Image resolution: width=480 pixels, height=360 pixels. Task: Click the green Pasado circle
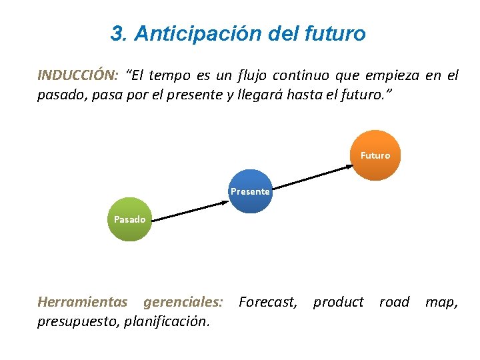pyautogui.click(x=129, y=219)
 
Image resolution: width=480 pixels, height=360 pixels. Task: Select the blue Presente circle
pyautogui.click(x=250, y=191)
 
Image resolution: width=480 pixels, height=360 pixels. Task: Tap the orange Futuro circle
pyautogui.click(x=375, y=155)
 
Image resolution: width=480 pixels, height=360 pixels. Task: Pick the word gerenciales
pyautogui.click(x=183, y=302)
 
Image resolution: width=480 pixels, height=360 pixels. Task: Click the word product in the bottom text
pyautogui.click(x=339, y=302)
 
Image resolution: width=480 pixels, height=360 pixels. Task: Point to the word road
pyautogui.click(x=394, y=302)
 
